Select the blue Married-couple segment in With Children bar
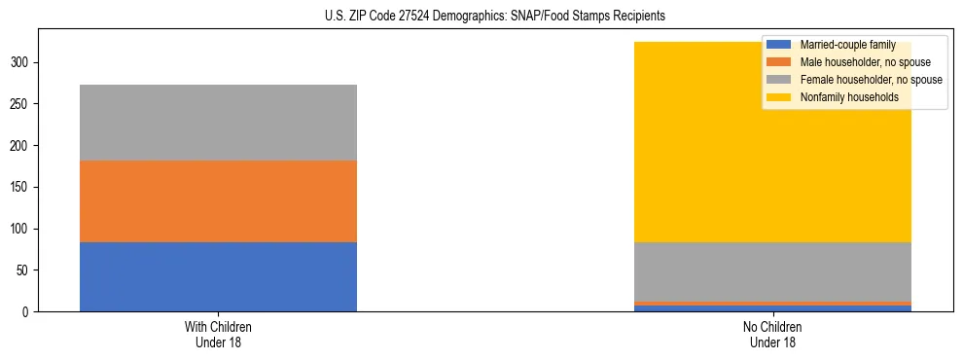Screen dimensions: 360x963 [x=218, y=276]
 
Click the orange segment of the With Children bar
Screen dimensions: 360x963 [x=218, y=201]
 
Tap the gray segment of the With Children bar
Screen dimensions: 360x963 [x=218, y=123]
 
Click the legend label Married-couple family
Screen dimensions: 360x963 [x=847, y=45]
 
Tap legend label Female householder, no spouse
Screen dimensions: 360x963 [x=871, y=80]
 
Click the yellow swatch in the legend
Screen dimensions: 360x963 [x=779, y=97]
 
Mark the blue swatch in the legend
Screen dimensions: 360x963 [x=779, y=45]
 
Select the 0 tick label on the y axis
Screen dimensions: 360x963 [x=30, y=311]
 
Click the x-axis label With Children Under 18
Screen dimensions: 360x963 [x=218, y=334]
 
